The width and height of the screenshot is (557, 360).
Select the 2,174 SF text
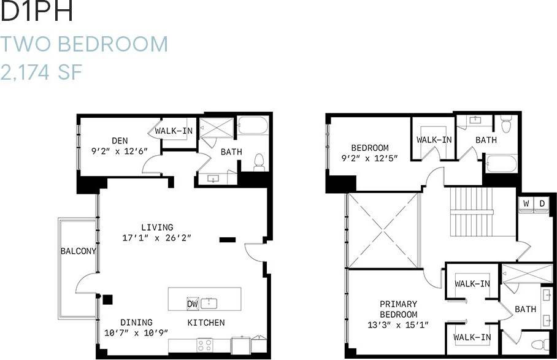pos(42,72)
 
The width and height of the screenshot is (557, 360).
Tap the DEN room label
pos(119,140)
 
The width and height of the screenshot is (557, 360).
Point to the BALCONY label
pos(78,251)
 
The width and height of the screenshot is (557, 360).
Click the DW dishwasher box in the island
pos(193,303)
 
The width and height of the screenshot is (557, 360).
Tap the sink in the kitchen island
pos(210,302)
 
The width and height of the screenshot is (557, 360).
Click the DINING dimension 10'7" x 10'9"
pos(136,333)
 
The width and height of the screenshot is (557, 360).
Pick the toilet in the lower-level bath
pos(259,161)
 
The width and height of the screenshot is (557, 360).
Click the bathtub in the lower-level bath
pos(252,126)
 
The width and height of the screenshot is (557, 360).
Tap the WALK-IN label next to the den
pos(174,131)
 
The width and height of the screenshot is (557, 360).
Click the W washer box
pos(526,204)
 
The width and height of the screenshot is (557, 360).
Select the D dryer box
pos(542,204)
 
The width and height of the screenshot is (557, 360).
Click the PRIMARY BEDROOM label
pos(398,309)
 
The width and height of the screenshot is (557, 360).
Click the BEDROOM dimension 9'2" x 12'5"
pos(370,158)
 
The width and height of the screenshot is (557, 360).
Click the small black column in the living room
pos(228,239)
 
